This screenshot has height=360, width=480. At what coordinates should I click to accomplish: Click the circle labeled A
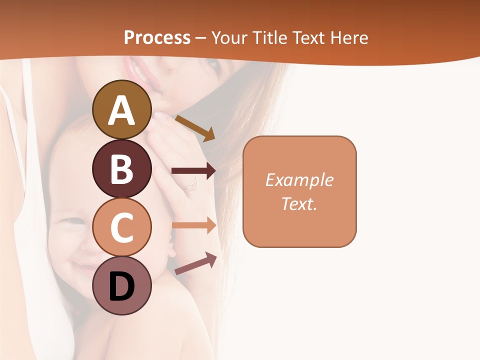point(122,109)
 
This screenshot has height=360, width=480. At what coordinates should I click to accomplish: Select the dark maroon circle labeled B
point(122,168)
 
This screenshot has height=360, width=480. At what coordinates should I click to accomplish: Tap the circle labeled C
point(122,227)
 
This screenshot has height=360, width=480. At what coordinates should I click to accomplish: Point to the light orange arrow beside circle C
point(193,225)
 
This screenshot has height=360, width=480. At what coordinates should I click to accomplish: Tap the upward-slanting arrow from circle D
point(195,264)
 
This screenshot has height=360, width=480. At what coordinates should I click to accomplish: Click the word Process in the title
point(157,37)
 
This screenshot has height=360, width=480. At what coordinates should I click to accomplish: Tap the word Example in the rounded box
point(299,180)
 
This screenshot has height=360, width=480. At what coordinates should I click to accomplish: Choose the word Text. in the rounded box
point(299,203)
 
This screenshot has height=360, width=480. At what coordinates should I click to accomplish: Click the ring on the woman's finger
point(191,186)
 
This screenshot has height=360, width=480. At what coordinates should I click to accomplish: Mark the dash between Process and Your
point(200,38)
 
